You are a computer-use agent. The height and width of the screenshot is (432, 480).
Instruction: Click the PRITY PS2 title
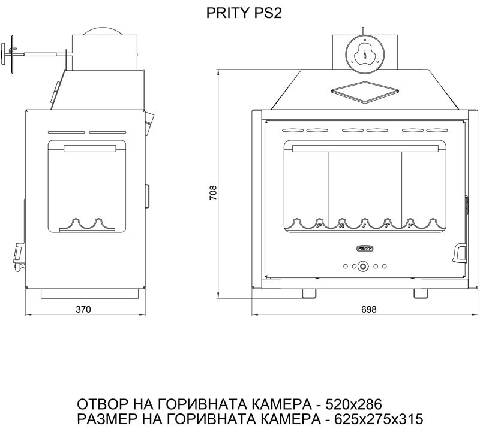244,13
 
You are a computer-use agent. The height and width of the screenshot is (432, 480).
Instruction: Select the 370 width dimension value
83,309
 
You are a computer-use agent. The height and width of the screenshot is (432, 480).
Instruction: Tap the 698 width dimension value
368,309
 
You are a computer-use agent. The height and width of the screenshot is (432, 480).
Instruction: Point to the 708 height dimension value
213,192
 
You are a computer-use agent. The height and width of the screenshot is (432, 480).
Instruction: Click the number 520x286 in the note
353,404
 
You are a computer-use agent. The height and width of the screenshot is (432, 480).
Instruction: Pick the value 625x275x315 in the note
379,419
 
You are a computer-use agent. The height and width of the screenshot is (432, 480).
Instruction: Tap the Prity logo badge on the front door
365,249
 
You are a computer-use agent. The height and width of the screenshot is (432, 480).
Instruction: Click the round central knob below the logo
364,266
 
